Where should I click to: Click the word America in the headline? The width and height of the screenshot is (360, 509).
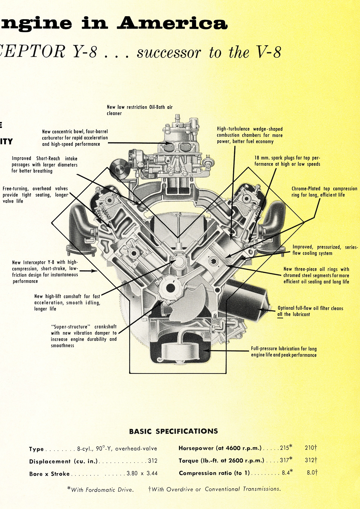(172, 23)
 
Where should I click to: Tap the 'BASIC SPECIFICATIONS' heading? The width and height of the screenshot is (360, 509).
(173, 431)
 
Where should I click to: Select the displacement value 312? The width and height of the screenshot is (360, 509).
(153, 461)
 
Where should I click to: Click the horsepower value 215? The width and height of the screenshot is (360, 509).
(284, 448)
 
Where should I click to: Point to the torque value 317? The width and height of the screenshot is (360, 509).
(284, 460)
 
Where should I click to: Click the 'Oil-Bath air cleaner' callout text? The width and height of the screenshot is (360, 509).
(139, 110)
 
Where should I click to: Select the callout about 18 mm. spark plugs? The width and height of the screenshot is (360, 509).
(287, 161)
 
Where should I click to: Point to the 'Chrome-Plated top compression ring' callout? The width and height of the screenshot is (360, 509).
(324, 192)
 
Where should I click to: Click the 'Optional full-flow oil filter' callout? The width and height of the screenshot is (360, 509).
(310, 311)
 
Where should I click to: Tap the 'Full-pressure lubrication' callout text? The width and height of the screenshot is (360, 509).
(284, 352)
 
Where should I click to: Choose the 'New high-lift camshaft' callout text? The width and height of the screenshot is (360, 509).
(67, 302)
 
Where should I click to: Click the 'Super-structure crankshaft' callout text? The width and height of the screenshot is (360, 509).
(84, 336)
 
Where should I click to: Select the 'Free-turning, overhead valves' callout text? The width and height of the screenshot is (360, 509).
(35, 195)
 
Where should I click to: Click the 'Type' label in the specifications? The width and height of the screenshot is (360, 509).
(37, 449)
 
